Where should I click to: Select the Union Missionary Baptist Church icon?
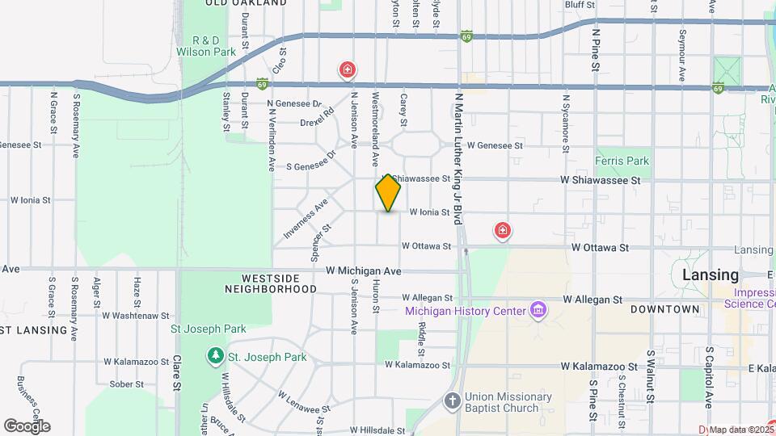[x=453, y=400]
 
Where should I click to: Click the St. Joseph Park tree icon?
[x=216, y=355]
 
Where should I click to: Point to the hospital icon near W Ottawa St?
[x=503, y=232]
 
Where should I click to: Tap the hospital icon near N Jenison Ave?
[x=348, y=70]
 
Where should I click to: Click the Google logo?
[x=27, y=426]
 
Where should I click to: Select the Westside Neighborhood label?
[x=271, y=283]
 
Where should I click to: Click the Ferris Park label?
[x=622, y=161]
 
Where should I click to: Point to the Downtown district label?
[x=664, y=309]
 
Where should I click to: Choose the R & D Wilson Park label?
[x=206, y=46]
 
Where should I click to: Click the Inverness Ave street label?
[x=305, y=219]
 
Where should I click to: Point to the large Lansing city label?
[x=710, y=275]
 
